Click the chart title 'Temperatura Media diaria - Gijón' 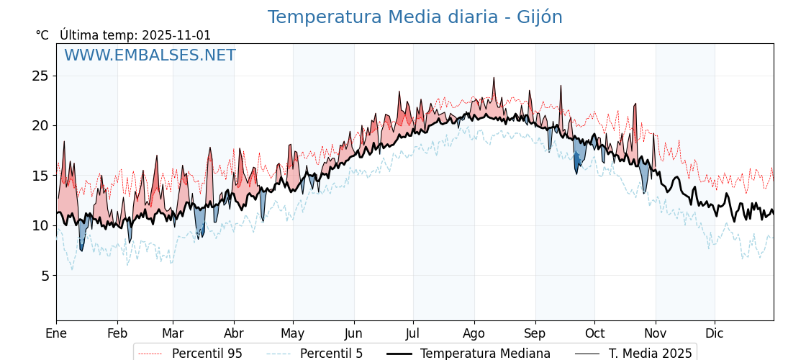pos(415,17)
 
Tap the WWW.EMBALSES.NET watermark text pos(150,55)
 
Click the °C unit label pos(42,35)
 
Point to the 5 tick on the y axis pos(44,276)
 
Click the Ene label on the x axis pos(56,333)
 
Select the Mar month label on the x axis pos(173,333)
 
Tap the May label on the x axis pos(292,333)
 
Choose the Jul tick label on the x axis pos(413,333)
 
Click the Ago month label pos(474,333)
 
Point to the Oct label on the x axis pos(594,333)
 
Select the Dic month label pos(715,333)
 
